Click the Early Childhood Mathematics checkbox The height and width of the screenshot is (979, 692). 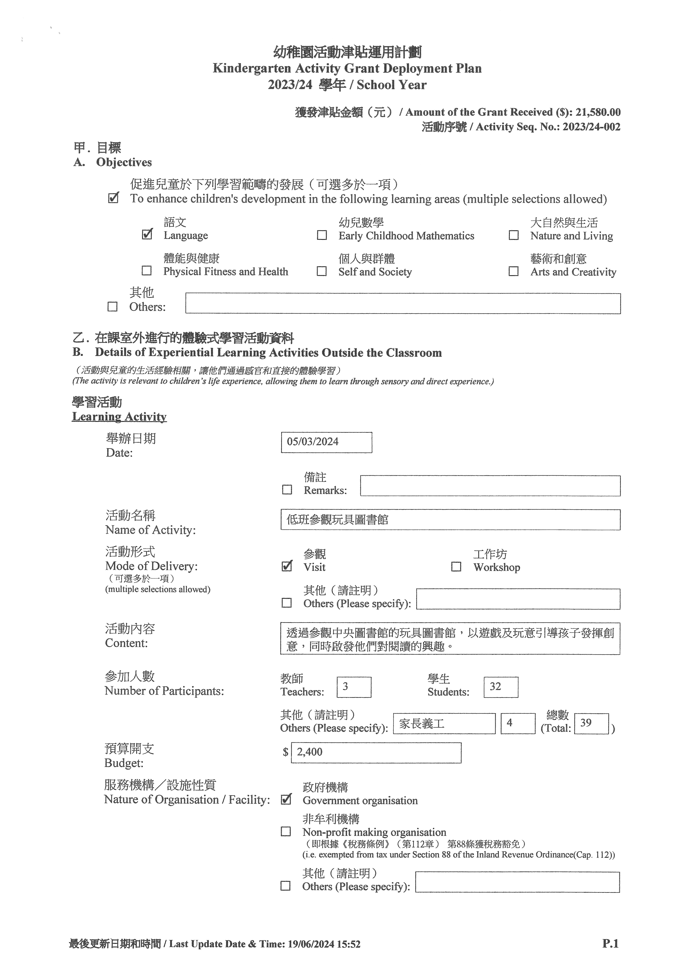click(322, 235)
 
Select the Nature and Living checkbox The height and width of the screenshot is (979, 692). click(514, 235)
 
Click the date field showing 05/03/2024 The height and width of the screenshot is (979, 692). click(326, 442)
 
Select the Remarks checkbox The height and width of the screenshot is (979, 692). click(287, 489)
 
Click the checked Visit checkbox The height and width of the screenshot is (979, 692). click(287, 566)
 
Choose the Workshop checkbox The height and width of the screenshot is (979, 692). click(456, 567)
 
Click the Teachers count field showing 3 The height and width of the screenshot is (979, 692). click(354, 687)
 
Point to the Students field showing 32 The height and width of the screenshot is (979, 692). click(501, 687)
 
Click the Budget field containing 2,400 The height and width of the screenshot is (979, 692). click(376, 753)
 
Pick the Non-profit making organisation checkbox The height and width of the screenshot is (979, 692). click(286, 831)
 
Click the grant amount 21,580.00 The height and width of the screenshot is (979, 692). click(598, 112)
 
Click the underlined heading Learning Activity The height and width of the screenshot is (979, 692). click(119, 417)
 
